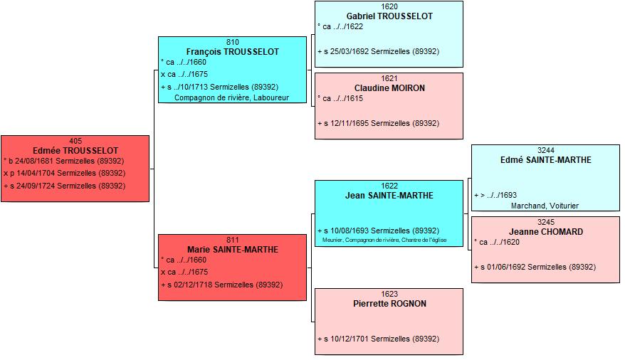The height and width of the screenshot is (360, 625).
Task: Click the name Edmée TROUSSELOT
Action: click(x=75, y=151)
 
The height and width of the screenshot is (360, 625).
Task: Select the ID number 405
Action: click(x=75, y=141)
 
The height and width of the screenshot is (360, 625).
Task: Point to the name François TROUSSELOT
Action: click(x=232, y=52)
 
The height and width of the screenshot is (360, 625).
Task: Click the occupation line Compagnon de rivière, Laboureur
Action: click(x=231, y=97)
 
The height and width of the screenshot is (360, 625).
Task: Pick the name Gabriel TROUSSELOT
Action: click(x=389, y=16)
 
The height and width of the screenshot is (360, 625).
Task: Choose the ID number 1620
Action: click(x=389, y=6)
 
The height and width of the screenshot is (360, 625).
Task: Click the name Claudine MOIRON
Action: click(x=389, y=88)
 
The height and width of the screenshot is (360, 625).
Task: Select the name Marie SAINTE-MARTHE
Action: click(x=232, y=250)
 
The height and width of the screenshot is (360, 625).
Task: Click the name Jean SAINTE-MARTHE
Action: click(x=389, y=196)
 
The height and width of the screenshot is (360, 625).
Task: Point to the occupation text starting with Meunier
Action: click(x=384, y=240)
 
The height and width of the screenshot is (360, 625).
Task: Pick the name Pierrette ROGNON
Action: click(x=389, y=304)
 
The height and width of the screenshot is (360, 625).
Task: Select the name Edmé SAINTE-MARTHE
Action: click(x=546, y=160)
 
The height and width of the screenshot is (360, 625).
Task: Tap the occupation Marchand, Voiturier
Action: click(x=545, y=206)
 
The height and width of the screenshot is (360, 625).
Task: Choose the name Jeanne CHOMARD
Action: click(x=546, y=232)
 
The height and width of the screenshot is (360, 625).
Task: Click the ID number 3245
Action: click(x=546, y=222)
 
